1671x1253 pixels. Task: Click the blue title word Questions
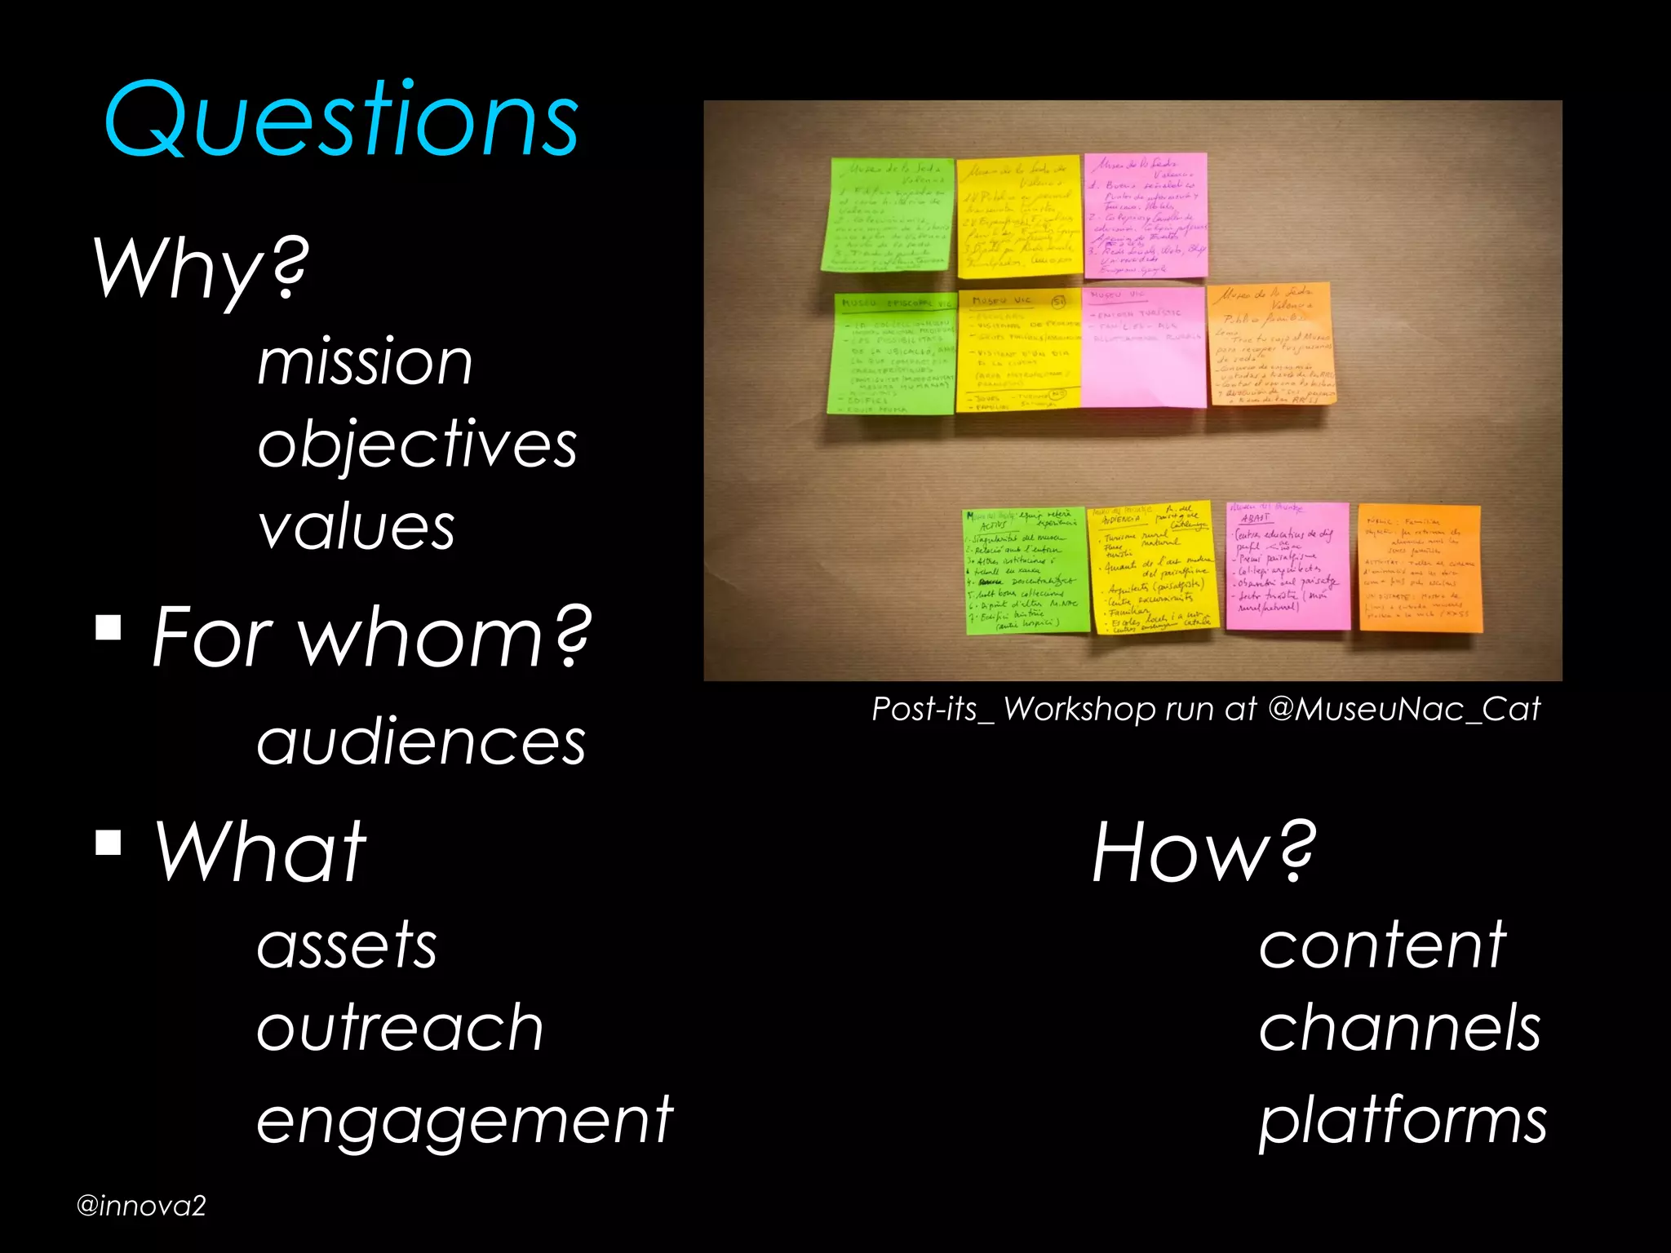click(x=341, y=121)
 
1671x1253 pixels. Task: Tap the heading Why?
click(x=201, y=269)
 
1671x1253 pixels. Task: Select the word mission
click(x=365, y=362)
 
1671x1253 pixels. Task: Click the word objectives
click(x=417, y=445)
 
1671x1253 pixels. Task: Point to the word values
click(x=356, y=528)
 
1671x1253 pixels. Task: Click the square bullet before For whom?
click(x=109, y=627)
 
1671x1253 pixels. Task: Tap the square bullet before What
click(x=109, y=842)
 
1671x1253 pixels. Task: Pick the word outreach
click(x=400, y=1028)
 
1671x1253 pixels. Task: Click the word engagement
click(x=464, y=1121)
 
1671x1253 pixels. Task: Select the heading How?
click(x=1203, y=852)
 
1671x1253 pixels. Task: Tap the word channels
click(x=1399, y=1028)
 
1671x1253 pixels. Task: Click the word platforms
click(x=1403, y=1121)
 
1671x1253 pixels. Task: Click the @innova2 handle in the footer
click(x=141, y=1206)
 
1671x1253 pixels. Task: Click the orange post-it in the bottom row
click(x=1420, y=568)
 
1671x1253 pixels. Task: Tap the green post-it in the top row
click(x=888, y=215)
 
